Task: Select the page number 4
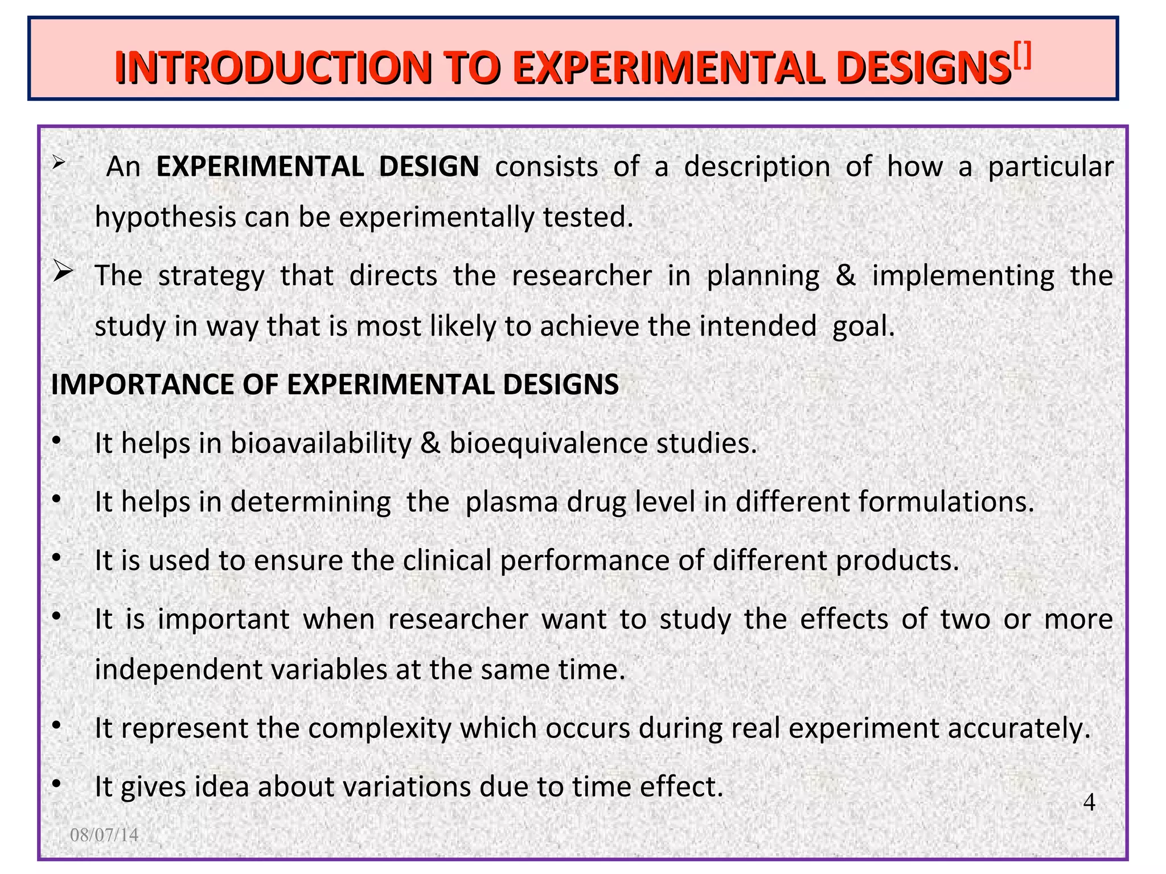coord(1089,802)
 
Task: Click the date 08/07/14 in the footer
coord(104,835)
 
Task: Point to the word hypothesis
coord(165,217)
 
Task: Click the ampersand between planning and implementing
coord(845,275)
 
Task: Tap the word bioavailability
coord(321,443)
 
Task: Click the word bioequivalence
coord(548,443)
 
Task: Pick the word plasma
coord(511,502)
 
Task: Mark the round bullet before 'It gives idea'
coord(56,785)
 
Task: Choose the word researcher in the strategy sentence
coord(581,275)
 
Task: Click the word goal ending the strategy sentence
coord(863,327)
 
